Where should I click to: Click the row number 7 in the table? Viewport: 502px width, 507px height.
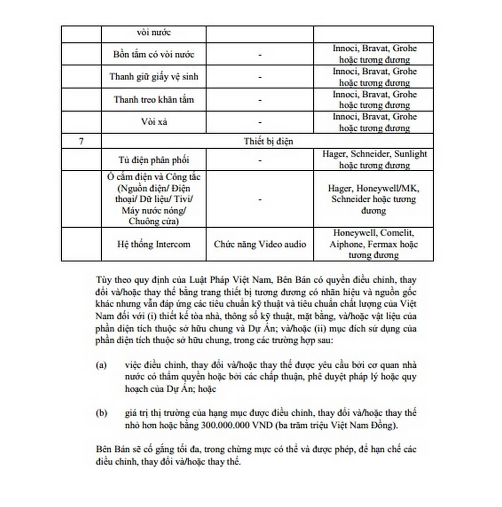point(82,141)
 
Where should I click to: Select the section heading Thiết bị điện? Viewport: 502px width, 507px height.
point(268,141)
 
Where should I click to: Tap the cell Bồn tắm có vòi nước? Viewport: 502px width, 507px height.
point(154,54)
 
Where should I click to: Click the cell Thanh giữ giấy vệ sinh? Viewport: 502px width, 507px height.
point(154,77)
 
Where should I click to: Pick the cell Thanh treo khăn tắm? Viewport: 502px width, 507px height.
point(154,100)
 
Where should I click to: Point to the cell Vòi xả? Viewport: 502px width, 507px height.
point(154,122)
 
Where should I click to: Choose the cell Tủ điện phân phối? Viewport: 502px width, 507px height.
point(154,160)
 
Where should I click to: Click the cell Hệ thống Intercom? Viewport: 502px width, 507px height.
point(154,244)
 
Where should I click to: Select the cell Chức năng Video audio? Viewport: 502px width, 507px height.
point(260,244)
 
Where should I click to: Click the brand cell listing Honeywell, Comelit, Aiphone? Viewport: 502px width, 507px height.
point(373,244)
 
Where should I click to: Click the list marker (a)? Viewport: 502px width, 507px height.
point(101,365)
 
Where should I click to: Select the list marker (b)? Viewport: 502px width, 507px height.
point(101,413)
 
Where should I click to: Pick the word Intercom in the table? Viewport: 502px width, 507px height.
point(172,244)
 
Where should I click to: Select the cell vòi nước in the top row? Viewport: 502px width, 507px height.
point(154,33)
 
